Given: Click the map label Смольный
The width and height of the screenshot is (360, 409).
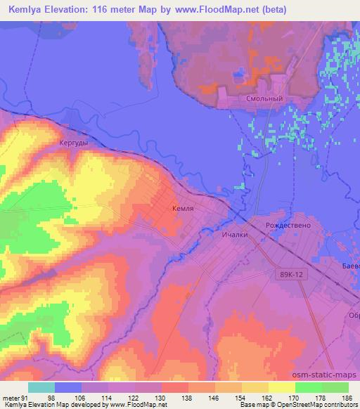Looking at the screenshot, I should tap(264, 99).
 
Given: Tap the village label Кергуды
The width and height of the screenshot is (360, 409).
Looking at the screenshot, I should tap(74, 142).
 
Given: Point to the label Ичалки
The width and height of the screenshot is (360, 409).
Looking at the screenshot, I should tap(235, 235).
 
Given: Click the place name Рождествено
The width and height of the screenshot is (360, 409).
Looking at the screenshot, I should tap(288, 226).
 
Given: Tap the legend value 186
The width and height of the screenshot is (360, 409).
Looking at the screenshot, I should tap(347, 398).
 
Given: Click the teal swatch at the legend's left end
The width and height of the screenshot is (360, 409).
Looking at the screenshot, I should tap(41, 387).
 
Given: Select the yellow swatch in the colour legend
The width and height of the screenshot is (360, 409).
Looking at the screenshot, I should tap(281, 387).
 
